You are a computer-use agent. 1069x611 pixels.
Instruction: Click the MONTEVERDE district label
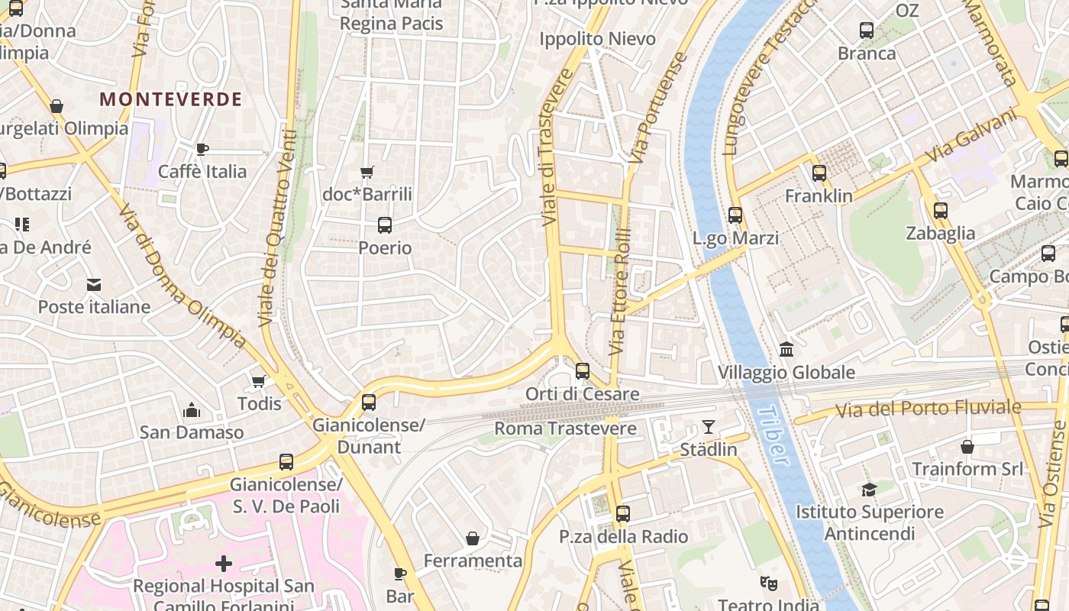pyautogui.click(x=170, y=99)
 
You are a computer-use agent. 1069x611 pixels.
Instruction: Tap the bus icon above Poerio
pyautogui.click(x=385, y=225)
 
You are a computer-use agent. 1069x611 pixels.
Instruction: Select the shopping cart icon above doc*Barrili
pyautogui.click(x=367, y=173)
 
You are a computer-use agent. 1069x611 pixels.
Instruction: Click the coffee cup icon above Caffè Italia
pyautogui.click(x=202, y=149)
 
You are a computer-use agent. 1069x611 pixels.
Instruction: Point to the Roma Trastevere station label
pyautogui.click(x=565, y=428)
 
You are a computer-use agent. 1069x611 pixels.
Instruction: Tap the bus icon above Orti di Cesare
pyautogui.click(x=583, y=371)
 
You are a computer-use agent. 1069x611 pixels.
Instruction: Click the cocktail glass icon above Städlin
pyautogui.click(x=709, y=427)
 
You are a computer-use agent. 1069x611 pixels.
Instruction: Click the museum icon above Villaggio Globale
pyautogui.click(x=786, y=350)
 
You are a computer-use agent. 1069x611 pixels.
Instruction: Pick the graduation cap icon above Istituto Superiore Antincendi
pyautogui.click(x=869, y=490)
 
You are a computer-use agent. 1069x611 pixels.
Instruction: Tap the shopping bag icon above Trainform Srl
pyautogui.click(x=967, y=446)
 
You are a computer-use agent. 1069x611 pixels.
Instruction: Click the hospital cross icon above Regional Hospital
pyautogui.click(x=224, y=564)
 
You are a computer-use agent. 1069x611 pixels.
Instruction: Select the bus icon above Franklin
pyautogui.click(x=819, y=173)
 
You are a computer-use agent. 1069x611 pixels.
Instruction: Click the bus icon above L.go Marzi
pyautogui.click(x=735, y=215)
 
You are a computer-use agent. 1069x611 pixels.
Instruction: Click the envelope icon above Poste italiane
pyautogui.click(x=94, y=285)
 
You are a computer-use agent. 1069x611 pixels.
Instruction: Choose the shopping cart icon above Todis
pyautogui.click(x=259, y=381)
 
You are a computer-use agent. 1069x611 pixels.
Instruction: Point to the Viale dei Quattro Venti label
pyautogui.click(x=277, y=229)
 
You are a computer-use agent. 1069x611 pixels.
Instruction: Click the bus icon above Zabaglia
pyautogui.click(x=941, y=211)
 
